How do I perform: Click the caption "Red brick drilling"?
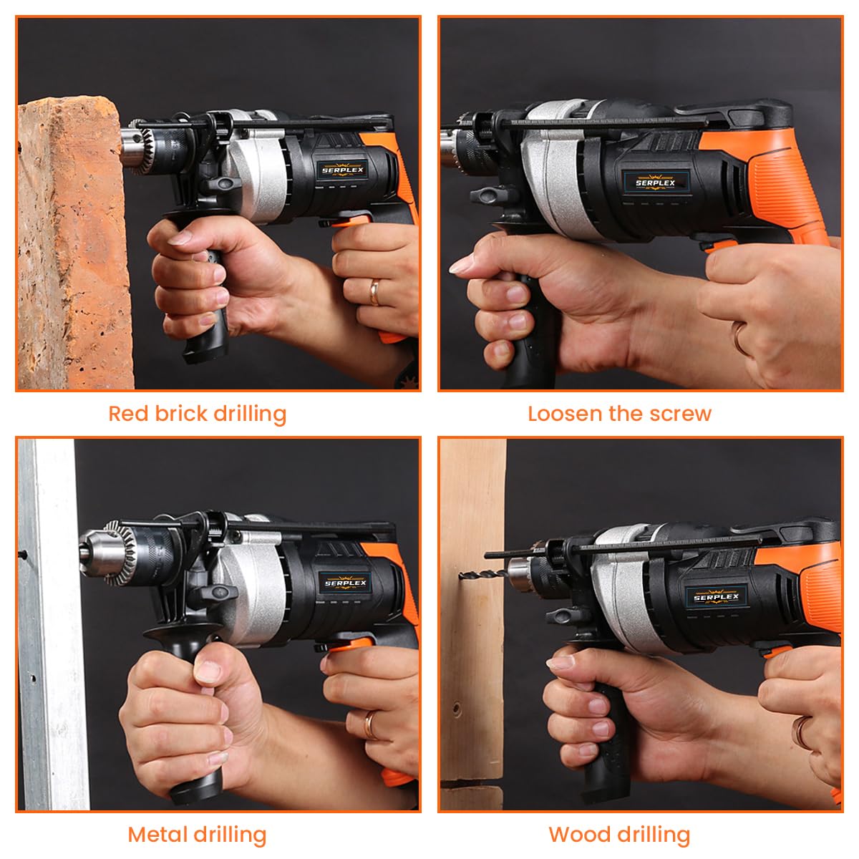pos(197,414)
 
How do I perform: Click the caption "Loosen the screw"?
pos(619,414)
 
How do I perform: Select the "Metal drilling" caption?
pos(197,835)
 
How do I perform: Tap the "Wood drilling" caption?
pos(619,835)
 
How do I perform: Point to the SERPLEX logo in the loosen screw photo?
pos(655,183)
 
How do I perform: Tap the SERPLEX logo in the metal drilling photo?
pos(346,583)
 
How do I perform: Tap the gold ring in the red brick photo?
pos(374,292)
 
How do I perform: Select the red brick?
pos(72,243)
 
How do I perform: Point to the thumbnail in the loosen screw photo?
pos(462,266)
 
